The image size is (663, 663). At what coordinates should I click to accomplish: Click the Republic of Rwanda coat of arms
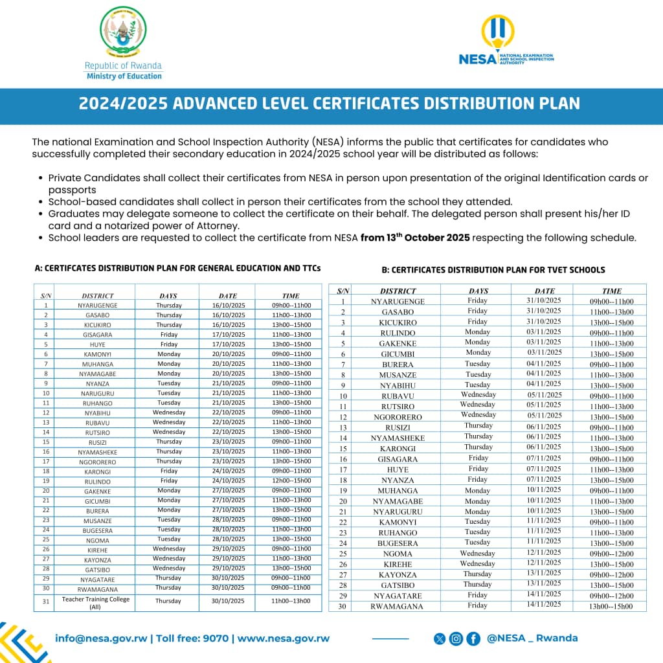[x=123, y=32]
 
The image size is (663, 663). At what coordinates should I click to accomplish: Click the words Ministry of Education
[x=124, y=76]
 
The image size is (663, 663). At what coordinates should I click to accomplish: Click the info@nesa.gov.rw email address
[x=102, y=638]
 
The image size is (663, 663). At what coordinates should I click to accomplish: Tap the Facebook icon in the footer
[x=473, y=639]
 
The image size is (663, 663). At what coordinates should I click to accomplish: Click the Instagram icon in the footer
[x=456, y=639]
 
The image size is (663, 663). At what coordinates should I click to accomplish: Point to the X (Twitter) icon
[x=440, y=639]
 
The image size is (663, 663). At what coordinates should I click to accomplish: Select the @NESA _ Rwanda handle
[x=532, y=638]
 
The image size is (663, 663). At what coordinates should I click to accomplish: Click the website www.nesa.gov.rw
[x=284, y=638]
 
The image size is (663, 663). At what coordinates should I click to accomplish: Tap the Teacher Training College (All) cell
[x=96, y=602]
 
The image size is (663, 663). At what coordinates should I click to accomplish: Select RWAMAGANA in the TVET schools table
[x=397, y=606]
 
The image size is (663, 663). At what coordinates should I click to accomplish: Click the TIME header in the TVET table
[x=611, y=291]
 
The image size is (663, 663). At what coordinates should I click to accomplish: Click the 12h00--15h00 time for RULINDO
[x=291, y=481]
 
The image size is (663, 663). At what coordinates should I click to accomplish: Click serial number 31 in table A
[x=46, y=602]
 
